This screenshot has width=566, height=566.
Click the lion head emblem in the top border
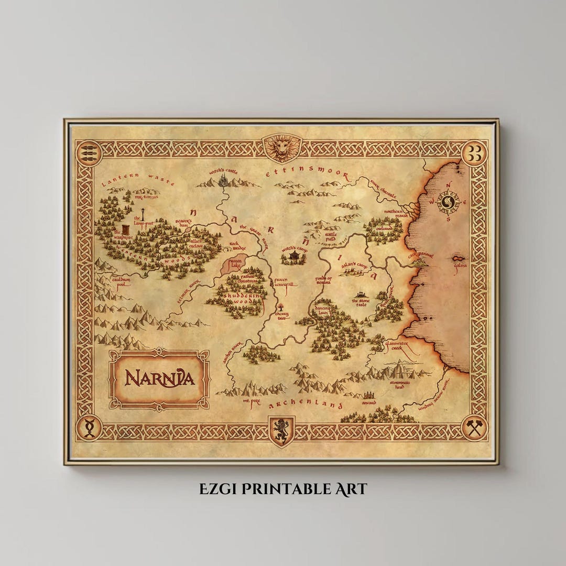click(x=282, y=148)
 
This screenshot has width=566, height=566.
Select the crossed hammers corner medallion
click(x=475, y=428)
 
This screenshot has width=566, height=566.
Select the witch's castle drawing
click(x=224, y=181)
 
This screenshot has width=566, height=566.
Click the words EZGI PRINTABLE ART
click(x=283, y=489)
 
